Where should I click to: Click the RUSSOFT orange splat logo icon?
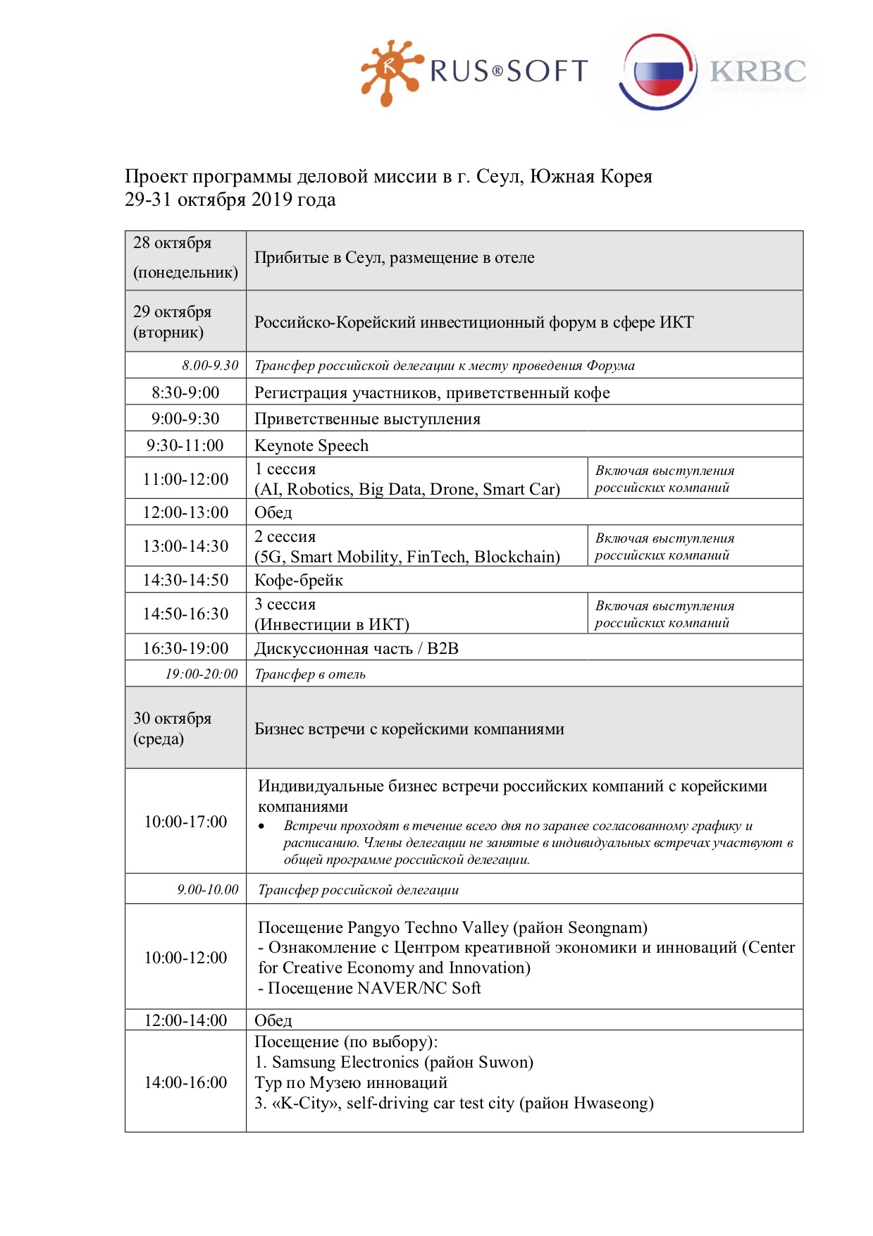[389, 72]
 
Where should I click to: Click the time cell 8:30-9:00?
[185, 393]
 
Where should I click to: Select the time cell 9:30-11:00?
[185, 445]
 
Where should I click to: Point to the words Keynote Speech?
[311, 445]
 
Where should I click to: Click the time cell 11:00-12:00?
[185, 479]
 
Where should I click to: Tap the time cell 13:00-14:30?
[185, 546]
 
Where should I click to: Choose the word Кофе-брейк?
[299, 580]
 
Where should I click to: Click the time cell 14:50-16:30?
[185, 614]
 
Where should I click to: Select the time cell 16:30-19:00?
[185, 648]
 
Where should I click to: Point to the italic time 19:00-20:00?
[202, 674]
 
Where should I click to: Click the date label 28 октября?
[172, 243]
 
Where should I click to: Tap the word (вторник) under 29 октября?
[168, 333]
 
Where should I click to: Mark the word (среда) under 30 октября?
[159, 739]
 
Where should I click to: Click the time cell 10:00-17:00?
[185, 822]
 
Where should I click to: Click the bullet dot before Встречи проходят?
[262, 827]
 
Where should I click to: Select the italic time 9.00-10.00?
[208, 890]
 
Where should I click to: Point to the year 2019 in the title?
[272, 200]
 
